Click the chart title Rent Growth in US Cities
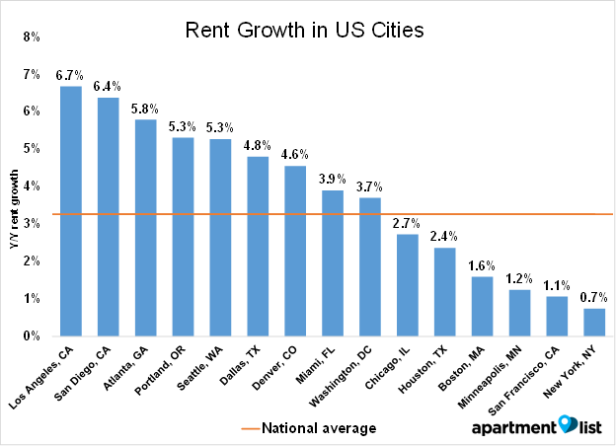pyautogui.click(x=304, y=31)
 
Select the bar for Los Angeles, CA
pyautogui.click(x=71, y=211)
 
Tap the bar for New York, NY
pyautogui.click(x=594, y=323)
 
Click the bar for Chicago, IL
pyautogui.click(x=408, y=285)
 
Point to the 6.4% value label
pyautogui.click(x=108, y=85)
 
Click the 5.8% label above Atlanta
pyautogui.click(x=145, y=108)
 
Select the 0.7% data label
pyautogui.click(x=594, y=296)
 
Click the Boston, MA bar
pyautogui.click(x=482, y=307)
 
